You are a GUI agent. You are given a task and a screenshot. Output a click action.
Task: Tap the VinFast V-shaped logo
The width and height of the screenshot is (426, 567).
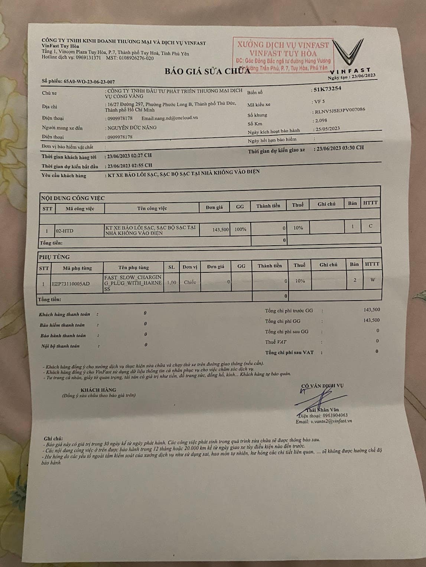pos(348,52)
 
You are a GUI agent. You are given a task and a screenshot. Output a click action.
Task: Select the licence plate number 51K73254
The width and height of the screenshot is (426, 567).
pos(327,89)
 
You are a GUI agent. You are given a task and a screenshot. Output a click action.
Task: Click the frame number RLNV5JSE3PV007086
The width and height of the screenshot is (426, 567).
pos(339,111)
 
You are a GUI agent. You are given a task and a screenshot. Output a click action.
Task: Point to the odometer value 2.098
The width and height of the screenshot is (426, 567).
pos(320,120)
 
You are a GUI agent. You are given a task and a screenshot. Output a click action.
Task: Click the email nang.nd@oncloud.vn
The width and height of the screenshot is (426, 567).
pos(170,118)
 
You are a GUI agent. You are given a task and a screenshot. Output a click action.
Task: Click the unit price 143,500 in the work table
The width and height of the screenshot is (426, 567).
pos(221,230)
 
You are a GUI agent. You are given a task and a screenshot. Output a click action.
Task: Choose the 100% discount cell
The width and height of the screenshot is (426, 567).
pos(240,229)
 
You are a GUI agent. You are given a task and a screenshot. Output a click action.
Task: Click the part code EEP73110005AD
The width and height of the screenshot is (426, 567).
pos(71,284)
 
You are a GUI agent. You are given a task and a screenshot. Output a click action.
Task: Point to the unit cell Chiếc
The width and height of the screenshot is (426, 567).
pos(190,282)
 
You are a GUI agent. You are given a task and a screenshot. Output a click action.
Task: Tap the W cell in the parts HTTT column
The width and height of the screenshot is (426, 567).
pos(372,280)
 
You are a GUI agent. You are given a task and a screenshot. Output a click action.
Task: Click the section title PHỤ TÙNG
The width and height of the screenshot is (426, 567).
pos(54,257)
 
